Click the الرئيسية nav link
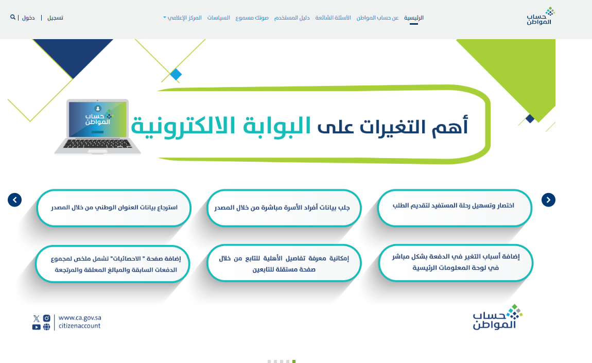[x=414, y=18]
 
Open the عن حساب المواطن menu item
[x=377, y=18]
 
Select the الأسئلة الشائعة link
[x=333, y=18]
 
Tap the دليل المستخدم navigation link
[x=292, y=18]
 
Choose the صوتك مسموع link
[x=252, y=18]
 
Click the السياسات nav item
[x=219, y=18]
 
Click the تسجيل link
[x=55, y=18]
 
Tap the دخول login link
[x=28, y=18]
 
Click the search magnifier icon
[x=13, y=17]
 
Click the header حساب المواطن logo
[x=541, y=16]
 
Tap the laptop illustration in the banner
[x=98, y=127]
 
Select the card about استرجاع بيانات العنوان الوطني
[x=114, y=208]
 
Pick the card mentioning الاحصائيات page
[x=113, y=264]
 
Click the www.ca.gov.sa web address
[x=80, y=318]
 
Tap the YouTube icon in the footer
[x=36, y=327]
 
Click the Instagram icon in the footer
[x=46, y=318]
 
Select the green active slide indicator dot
[x=294, y=361]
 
